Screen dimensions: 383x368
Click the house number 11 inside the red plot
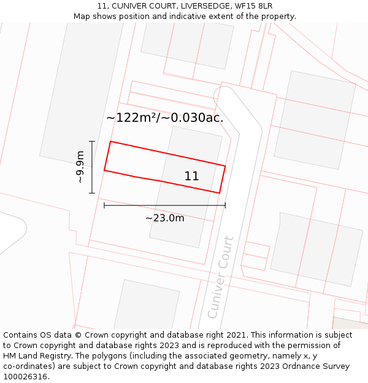(x=191, y=176)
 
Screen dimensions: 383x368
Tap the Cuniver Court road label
(x=221, y=277)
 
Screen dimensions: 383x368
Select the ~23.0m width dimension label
(x=164, y=218)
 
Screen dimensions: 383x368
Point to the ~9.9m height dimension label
(x=80, y=167)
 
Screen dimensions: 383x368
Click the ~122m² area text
(x=132, y=118)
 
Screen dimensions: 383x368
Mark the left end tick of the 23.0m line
(x=104, y=205)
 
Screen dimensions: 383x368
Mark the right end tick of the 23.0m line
(x=225, y=205)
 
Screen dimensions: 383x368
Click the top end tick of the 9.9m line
(x=92, y=142)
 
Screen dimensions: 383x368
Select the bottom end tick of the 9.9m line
(x=92, y=193)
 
